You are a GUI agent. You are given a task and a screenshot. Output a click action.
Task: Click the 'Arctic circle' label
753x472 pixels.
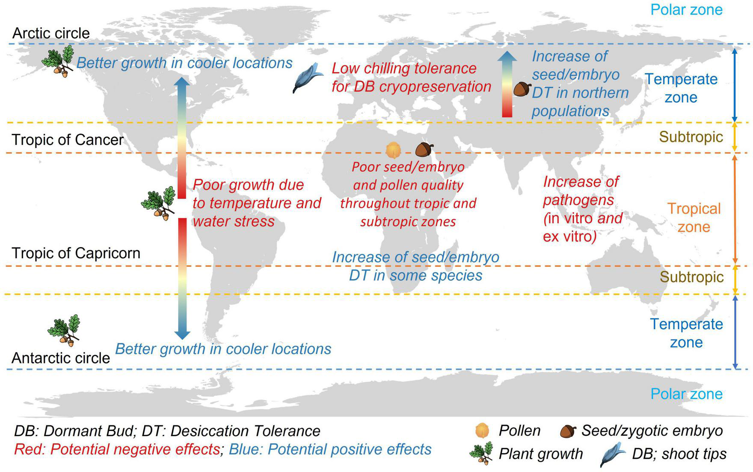click(x=51, y=33)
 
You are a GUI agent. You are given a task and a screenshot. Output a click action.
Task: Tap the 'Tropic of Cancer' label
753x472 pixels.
click(x=68, y=139)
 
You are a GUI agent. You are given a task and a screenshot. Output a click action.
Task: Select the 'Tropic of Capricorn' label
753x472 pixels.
click(x=76, y=253)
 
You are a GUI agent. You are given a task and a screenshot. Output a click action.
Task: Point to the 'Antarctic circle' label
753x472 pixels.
click(x=61, y=358)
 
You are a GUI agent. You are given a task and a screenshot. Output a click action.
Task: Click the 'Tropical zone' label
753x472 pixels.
click(x=694, y=218)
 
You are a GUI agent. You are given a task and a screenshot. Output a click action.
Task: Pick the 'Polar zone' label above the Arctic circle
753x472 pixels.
click(x=686, y=9)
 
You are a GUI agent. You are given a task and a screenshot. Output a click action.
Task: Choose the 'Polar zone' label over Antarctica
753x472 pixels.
click(x=686, y=394)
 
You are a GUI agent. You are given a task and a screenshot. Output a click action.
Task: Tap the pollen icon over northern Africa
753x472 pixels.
click(x=393, y=150)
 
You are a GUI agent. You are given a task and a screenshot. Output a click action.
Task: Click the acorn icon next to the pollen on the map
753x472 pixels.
click(x=424, y=149)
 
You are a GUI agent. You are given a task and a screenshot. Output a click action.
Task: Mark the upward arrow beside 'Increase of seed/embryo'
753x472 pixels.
click(x=507, y=84)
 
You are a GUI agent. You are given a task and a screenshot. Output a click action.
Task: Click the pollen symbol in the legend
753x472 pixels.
click(x=482, y=431)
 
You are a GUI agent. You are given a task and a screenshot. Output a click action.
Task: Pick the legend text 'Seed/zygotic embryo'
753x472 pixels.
click(x=652, y=431)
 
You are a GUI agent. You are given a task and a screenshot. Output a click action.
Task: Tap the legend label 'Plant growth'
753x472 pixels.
click(x=541, y=454)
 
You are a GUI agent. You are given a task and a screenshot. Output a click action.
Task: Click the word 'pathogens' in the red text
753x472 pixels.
click(x=578, y=200)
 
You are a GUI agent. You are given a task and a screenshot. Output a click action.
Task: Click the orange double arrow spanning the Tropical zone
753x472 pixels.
click(x=735, y=209)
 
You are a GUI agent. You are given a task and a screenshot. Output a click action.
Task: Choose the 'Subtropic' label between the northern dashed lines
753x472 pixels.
click(x=691, y=137)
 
